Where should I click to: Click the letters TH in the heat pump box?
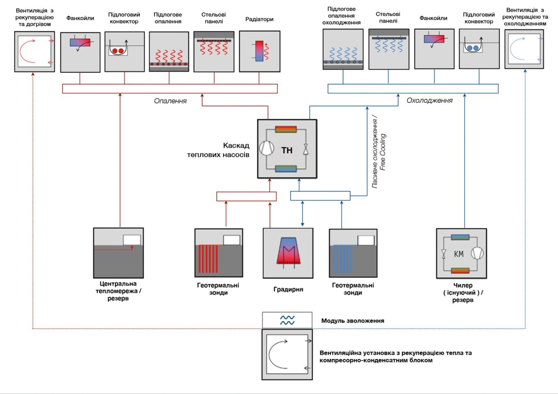coord(287,150)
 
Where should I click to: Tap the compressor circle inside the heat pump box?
coord(267,148)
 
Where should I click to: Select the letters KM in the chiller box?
coord(459,254)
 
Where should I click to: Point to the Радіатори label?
coord(259,19)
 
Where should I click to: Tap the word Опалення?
coord(170,101)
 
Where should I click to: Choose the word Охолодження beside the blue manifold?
coord(430,101)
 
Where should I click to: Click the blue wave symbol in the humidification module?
coord(287,320)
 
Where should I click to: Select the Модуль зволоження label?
coord(352,321)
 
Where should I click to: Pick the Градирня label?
coord(288,289)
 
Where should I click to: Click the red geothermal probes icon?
coord(208,258)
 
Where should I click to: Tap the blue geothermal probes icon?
coord(343,258)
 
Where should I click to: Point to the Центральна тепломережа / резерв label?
coord(118,291)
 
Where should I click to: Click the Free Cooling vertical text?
coord(383,152)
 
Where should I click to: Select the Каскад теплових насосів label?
coord(218,150)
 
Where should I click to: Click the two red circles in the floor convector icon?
coord(118,51)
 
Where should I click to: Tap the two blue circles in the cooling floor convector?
coord(473,48)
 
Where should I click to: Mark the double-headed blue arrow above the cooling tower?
coord(302,214)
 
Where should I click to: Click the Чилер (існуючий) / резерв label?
coord(463,293)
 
